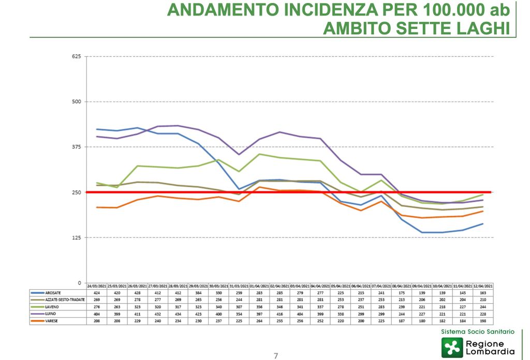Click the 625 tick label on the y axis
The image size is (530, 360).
(x=77, y=56)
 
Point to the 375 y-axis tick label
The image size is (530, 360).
(x=77, y=147)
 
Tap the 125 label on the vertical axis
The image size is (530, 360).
(x=77, y=237)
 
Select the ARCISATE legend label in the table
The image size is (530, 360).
(x=54, y=292)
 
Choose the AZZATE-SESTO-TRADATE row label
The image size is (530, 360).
(x=65, y=299)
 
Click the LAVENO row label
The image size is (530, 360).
(x=52, y=307)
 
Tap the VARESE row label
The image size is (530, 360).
(x=52, y=321)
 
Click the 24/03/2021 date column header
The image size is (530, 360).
(x=97, y=286)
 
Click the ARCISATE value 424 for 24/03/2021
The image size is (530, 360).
(x=97, y=292)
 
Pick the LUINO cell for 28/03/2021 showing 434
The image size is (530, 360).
(x=178, y=314)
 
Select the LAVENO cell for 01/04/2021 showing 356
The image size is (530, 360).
(x=260, y=307)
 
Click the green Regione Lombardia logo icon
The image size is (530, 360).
(x=452, y=348)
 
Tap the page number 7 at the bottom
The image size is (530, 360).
(x=276, y=355)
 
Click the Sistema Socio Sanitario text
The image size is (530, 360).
(x=478, y=331)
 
